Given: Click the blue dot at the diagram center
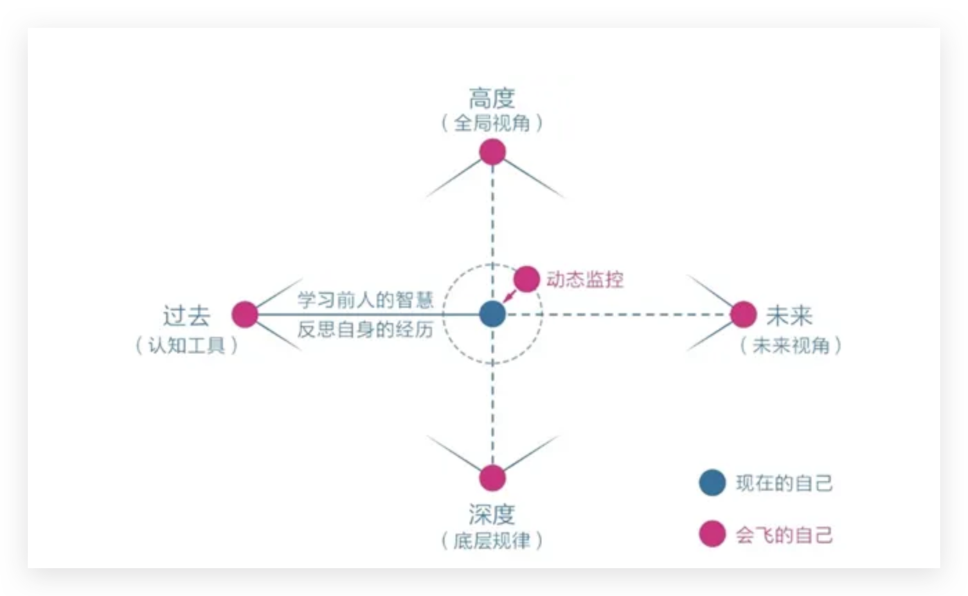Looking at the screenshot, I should coord(492,314).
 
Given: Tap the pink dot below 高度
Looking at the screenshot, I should coord(492,152).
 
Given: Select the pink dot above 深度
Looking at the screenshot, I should coord(492,477).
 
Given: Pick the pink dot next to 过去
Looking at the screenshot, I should coord(244,315).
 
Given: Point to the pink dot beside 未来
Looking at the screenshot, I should coord(743,315).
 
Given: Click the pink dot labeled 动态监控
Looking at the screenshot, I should coord(526,279).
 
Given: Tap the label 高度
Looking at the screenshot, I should coord(492,98).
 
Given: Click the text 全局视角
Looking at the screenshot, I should coord(492,124).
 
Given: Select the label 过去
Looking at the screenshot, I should coord(186,316).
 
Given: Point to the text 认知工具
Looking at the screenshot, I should coord(186,345).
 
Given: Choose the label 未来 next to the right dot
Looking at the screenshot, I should coord(789,316).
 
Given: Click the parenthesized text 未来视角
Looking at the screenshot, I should coord(790,345).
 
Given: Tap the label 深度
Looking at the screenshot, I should coord(492,514).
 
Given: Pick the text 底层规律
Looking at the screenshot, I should coord(492,541).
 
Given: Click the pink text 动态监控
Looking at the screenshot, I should coord(584,279).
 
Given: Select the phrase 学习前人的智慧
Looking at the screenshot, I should coord(365,300).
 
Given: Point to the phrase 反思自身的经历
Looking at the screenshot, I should coord(365,329).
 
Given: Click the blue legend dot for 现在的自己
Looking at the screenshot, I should coord(712,483).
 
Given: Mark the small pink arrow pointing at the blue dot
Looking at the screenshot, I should coord(509,297).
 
